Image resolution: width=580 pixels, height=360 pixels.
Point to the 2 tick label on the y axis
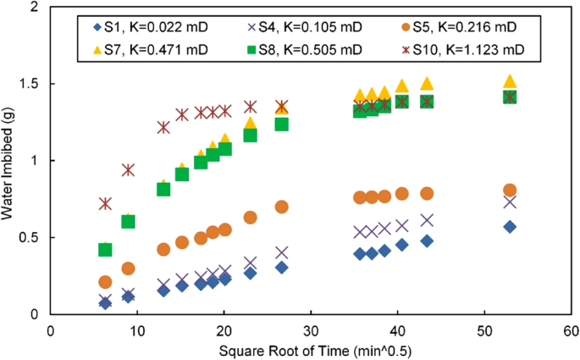[x=37, y=8]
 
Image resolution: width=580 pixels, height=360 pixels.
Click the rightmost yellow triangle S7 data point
[x=510, y=81]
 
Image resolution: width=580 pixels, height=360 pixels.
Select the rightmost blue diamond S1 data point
[x=510, y=226]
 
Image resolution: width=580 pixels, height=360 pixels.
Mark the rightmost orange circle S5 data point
[x=510, y=191]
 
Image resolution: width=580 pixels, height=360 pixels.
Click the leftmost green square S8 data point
[x=105, y=249]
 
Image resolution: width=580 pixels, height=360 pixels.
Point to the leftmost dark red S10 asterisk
[x=105, y=203]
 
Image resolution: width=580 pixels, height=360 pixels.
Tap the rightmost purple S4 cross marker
[x=510, y=202]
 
